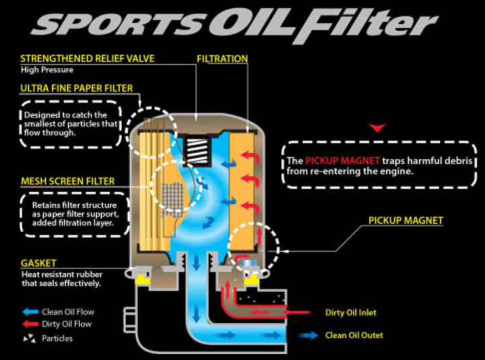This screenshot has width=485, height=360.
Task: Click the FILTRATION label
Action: coord(222,59)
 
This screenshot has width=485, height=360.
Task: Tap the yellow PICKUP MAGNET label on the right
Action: coord(405,220)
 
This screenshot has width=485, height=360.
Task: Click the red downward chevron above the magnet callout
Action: coord(380,127)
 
